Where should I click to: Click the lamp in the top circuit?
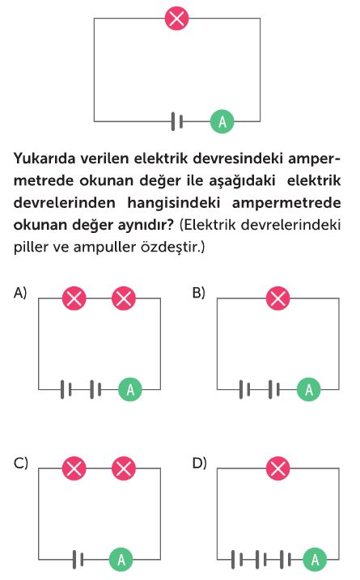click(176, 18)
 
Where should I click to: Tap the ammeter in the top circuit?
click(222, 121)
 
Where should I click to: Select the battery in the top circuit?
click(177, 121)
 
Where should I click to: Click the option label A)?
click(20, 293)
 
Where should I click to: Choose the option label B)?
click(199, 293)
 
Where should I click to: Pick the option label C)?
click(21, 463)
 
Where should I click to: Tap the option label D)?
click(200, 463)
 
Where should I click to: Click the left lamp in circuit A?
click(74, 298)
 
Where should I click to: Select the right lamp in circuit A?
click(124, 298)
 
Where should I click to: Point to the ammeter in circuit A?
click(130, 390)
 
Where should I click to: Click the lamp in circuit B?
click(277, 298)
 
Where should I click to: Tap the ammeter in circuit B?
click(308, 390)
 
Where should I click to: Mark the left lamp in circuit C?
click(74, 468)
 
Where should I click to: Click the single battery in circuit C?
click(78, 560)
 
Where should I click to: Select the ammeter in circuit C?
click(121, 560)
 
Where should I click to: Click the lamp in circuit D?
click(277, 468)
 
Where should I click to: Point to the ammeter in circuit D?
click(315, 560)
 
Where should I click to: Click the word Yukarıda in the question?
click(44, 159)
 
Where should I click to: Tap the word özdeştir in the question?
click(171, 247)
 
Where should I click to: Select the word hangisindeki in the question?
click(173, 203)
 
